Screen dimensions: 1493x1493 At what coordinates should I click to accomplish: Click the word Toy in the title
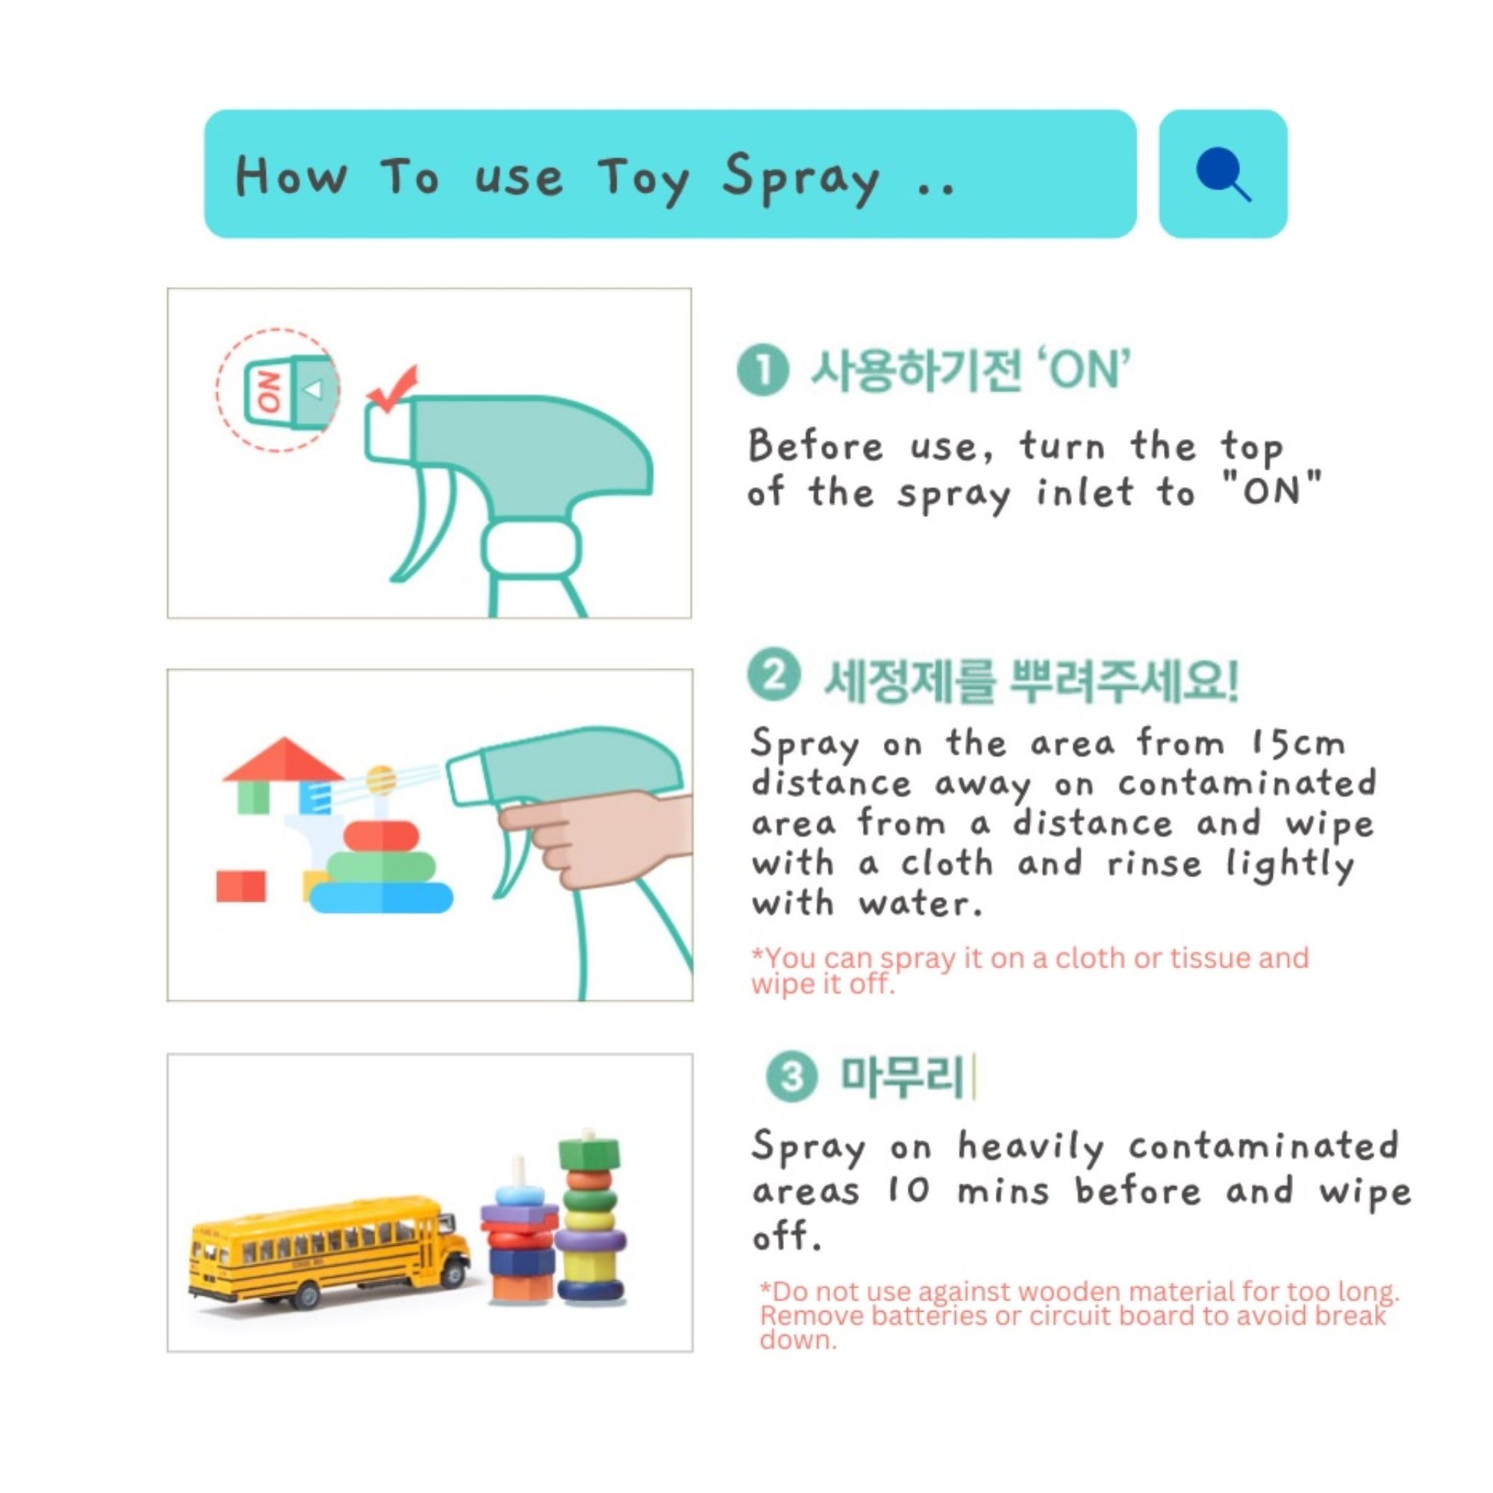(x=643, y=179)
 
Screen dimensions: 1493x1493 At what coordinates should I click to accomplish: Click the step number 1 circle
(x=763, y=371)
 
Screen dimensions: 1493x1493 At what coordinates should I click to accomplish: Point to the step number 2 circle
(x=772, y=676)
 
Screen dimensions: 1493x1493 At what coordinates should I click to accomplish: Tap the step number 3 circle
(x=791, y=1077)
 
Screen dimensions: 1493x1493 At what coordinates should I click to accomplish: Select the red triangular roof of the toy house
(x=283, y=759)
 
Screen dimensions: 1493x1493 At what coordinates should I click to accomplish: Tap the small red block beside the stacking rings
(x=241, y=886)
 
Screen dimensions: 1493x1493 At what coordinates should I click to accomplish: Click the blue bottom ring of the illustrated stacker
(x=381, y=897)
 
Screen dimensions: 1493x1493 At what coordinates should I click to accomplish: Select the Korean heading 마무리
(x=902, y=1077)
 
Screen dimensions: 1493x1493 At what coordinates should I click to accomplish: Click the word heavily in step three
(x=1030, y=1148)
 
